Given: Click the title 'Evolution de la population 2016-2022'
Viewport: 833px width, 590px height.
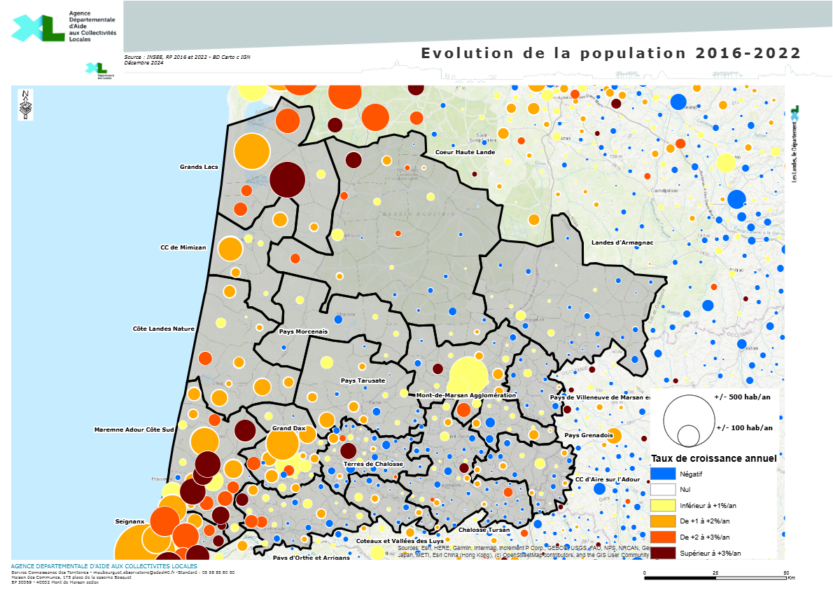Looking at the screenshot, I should [x=610, y=53].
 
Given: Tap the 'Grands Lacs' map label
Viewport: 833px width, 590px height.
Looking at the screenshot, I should [x=199, y=167].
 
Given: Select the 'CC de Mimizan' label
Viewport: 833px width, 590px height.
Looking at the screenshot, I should [x=183, y=247].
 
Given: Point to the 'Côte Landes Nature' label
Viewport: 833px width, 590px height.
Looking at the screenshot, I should [x=163, y=328].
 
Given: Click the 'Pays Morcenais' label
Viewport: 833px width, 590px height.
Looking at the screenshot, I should [x=303, y=331].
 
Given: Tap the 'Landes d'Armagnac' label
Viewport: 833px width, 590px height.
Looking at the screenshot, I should [x=622, y=242].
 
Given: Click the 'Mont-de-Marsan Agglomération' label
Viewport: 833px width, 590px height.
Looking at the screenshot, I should [x=465, y=395].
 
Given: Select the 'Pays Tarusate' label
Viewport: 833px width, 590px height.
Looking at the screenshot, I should [x=363, y=380].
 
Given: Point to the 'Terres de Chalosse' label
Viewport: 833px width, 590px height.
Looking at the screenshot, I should [x=373, y=465].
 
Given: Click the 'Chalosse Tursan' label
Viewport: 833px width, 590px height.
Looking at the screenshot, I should [x=484, y=530].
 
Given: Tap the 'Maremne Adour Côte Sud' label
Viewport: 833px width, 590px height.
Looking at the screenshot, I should [x=134, y=429].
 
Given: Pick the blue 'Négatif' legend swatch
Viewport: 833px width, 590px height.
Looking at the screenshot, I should [x=663, y=474].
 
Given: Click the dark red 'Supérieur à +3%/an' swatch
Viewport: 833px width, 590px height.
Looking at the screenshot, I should [x=663, y=553].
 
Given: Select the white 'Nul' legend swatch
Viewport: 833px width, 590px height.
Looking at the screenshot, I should [x=663, y=490].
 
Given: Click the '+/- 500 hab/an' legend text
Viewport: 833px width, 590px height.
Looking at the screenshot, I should [x=743, y=397].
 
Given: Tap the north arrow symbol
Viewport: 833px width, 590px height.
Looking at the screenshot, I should [x=25, y=105].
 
